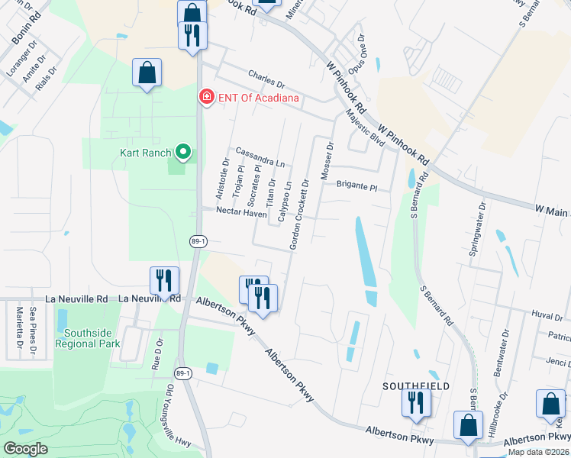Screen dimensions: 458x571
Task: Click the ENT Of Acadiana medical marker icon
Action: pos(206,97)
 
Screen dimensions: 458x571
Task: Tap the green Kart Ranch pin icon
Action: pos(182,153)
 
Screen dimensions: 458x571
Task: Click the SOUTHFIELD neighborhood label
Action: pos(416,386)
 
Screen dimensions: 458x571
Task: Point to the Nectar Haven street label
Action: pos(241,214)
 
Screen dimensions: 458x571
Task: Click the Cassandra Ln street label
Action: pos(260,156)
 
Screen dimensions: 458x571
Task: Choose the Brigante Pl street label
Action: pos(357,185)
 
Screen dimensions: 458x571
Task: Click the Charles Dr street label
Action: pos(266,79)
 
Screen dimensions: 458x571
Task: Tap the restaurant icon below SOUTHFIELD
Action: pos(416,402)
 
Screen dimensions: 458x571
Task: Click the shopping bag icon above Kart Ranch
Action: pos(147,74)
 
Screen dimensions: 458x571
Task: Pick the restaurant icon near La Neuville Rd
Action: pos(163,281)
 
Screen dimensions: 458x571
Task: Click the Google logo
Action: pos(25,449)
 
